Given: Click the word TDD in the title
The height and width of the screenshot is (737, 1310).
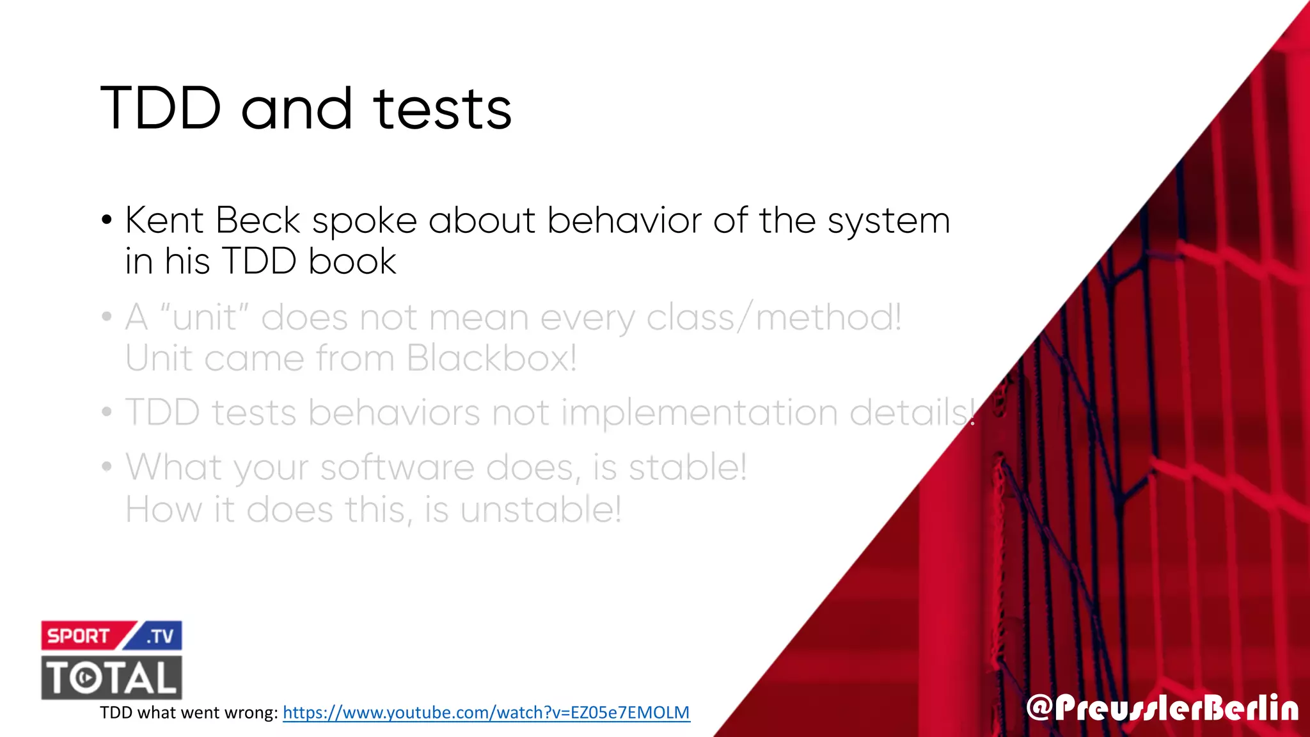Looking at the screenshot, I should click(x=161, y=108).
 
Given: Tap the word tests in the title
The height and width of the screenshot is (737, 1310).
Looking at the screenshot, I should click(x=443, y=109).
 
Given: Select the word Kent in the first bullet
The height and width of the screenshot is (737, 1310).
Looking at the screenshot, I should click(x=164, y=221).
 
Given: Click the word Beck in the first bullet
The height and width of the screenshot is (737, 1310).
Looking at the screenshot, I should click(x=258, y=221).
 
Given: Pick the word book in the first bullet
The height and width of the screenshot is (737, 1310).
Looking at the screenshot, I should click(x=352, y=262).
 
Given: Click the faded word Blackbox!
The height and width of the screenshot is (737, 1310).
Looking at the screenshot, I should click(x=491, y=358).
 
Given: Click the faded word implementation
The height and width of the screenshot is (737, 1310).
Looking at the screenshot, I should click(x=699, y=413).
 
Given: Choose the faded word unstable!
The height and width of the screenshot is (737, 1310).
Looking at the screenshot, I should click(x=541, y=510).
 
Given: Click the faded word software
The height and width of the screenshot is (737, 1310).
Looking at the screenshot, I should click(x=397, y=468).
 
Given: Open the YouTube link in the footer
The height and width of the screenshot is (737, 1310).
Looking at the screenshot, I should click(x=486, y=713).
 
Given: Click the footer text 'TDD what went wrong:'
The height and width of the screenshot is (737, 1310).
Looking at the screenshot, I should click(x=189, y=713).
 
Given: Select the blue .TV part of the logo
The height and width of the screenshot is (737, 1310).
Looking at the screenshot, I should click(x=160, y=636).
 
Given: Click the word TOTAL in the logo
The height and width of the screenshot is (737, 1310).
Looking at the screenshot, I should click(x=112, y=678).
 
